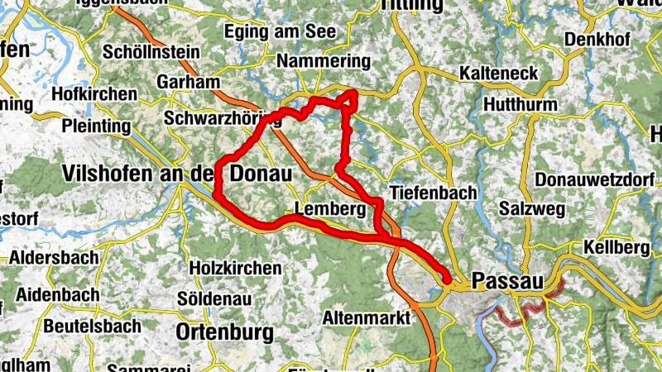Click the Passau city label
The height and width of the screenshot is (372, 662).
507,282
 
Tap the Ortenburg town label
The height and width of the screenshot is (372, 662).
225,332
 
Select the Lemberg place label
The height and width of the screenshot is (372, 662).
330,210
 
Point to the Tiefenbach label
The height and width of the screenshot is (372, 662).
433,193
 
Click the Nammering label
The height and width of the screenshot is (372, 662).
324,62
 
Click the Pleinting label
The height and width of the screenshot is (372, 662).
96,126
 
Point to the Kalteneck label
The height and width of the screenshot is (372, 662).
499,74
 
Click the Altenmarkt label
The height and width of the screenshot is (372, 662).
367,317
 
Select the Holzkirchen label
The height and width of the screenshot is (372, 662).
235,269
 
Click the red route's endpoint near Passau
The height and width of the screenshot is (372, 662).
448,281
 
